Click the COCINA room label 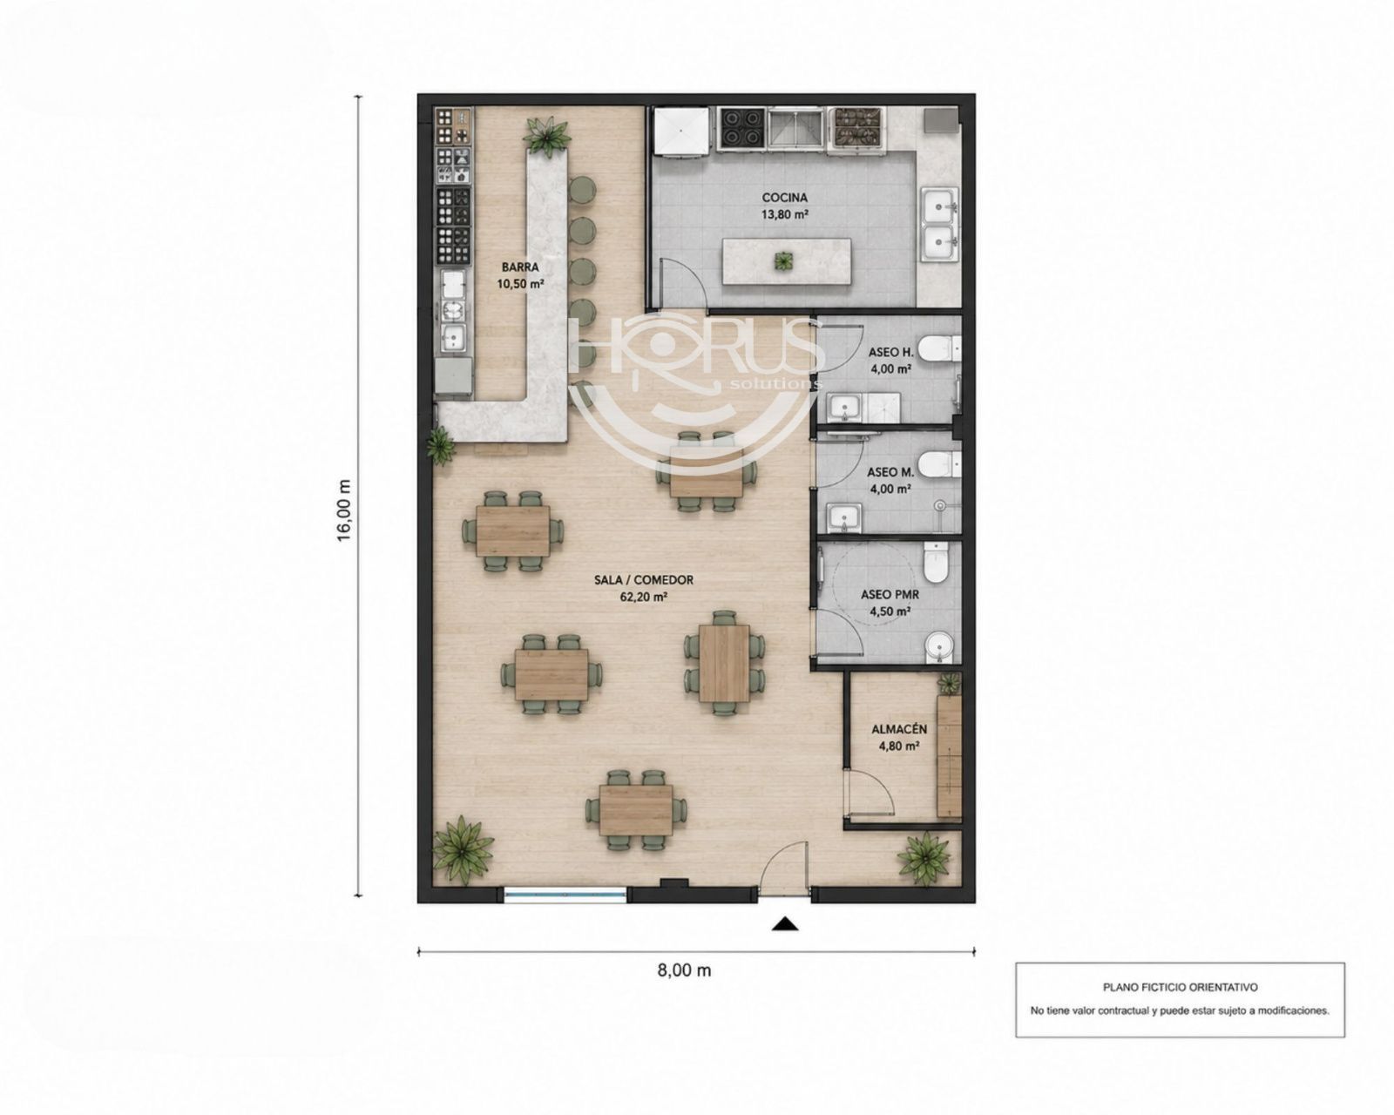784,198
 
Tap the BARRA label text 520,267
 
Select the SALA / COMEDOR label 643,580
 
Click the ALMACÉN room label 898,729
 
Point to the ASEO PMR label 890,594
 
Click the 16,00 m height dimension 344,510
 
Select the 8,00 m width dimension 684,970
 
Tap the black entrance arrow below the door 784,924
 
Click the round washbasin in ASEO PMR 938,647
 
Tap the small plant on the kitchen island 784,261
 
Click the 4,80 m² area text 899,747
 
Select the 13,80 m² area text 784,214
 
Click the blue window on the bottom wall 565,894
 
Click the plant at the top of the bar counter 548,136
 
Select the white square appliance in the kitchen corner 680,132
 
